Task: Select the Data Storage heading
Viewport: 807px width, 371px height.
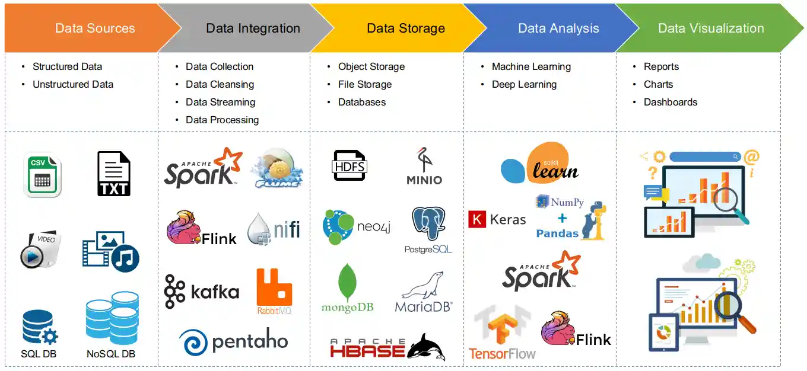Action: coord(405,28)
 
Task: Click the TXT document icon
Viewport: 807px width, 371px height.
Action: coord(113,174)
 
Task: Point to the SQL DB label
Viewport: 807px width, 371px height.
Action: coord(39,354)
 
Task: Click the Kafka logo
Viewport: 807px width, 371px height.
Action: coord(202,292)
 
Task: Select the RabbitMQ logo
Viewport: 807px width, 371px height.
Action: coord(274,290)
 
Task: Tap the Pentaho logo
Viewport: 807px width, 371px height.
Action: coord(233,342)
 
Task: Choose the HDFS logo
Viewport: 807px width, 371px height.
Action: coord(349,165)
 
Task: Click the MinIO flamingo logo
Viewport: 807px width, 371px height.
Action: coord(424,166)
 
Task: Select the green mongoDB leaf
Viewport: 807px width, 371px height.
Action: coord(347,283)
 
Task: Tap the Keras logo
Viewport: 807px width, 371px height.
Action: coord(497,220)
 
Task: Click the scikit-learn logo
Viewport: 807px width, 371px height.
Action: coord(540,163)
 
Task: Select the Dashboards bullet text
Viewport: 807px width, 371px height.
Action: coord(670,102)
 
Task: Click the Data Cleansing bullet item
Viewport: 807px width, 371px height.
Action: coord(220,84)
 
